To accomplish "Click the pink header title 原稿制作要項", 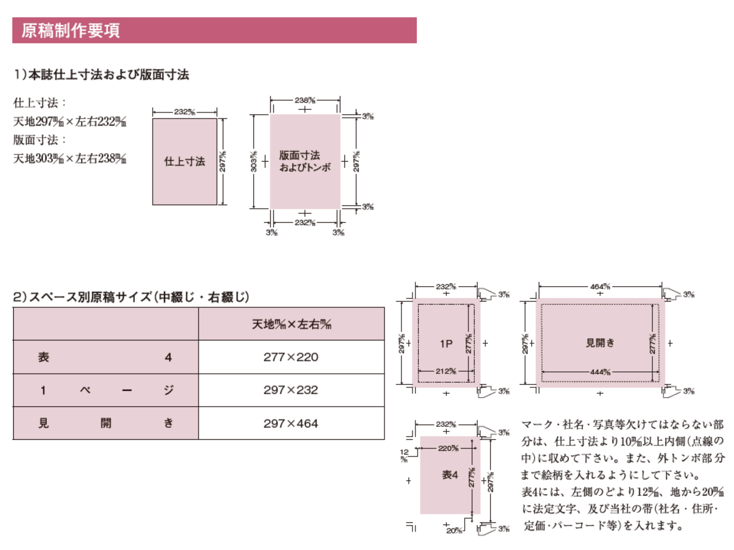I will [x=71, y=31].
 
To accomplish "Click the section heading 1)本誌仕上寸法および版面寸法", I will [x=101, y=75].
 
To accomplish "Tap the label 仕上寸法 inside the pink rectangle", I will [x=184, y=162].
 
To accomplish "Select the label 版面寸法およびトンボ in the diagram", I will [x=304, y=161].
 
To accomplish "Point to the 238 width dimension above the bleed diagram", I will [x=305, y=100].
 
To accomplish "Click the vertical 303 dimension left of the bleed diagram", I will [x=254, y=161].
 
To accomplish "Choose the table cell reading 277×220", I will [x=291, y=357].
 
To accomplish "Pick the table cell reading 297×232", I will [x=291, y=390].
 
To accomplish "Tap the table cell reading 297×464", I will [x=291, y=423].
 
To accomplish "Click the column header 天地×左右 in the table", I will [x=291, y=324].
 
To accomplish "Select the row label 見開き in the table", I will [x=106, y=423].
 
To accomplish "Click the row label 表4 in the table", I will [x=106, y=357].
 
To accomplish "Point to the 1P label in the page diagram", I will [x=446, y=344].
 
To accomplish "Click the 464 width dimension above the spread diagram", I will [x=600, y=287].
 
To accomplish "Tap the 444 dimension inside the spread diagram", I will [x=600, y=372].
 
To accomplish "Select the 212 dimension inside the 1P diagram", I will [x=446, y=371].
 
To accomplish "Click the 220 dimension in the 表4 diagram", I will [x=448, y=448].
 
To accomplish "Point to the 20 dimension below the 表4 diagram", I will [x=454, y=530].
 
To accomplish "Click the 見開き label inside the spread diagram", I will [x=600, y=343].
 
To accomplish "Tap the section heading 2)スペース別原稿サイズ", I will [x=131, y=297].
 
